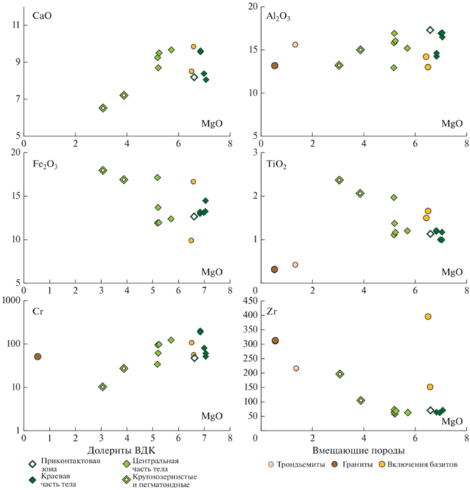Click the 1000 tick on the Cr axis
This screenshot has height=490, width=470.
pos(11,300)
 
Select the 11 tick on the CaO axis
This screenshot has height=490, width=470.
pos(15,25)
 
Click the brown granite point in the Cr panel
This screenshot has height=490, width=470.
pos(38,357)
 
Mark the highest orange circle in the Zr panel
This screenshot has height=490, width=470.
pos(428,317)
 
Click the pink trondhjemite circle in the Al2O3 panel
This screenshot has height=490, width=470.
pos(295,45)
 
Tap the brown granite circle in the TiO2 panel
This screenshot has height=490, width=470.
pos(275,269)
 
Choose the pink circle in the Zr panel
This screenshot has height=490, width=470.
pos(296,368)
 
